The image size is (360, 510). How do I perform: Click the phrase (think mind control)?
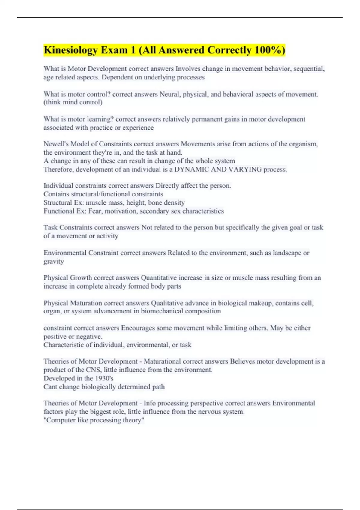click(73, 102)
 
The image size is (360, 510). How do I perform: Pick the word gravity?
click(54, 262)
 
